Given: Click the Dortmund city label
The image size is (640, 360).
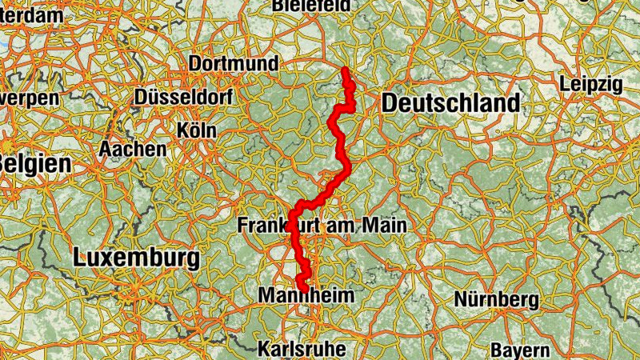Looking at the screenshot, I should coord(234,64).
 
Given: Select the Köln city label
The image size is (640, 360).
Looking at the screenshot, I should coord(198,129).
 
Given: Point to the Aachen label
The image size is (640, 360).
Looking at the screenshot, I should coord(133,149).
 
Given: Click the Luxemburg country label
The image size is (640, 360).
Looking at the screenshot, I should coord(135,258).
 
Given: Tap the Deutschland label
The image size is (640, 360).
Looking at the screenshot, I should coord(450,103).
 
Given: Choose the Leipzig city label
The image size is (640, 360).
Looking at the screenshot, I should coord(591,84).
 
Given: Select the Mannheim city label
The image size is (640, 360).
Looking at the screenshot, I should coord(306,296).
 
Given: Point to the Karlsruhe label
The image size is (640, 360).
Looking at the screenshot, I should coord(302,349).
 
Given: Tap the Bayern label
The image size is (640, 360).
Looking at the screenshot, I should coord(519,350).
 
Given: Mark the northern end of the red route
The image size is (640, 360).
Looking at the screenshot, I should coord(345,70).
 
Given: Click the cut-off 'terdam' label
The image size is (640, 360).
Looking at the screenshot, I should coord(30,15).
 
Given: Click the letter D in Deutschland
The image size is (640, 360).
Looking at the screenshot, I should coord(390,103).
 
